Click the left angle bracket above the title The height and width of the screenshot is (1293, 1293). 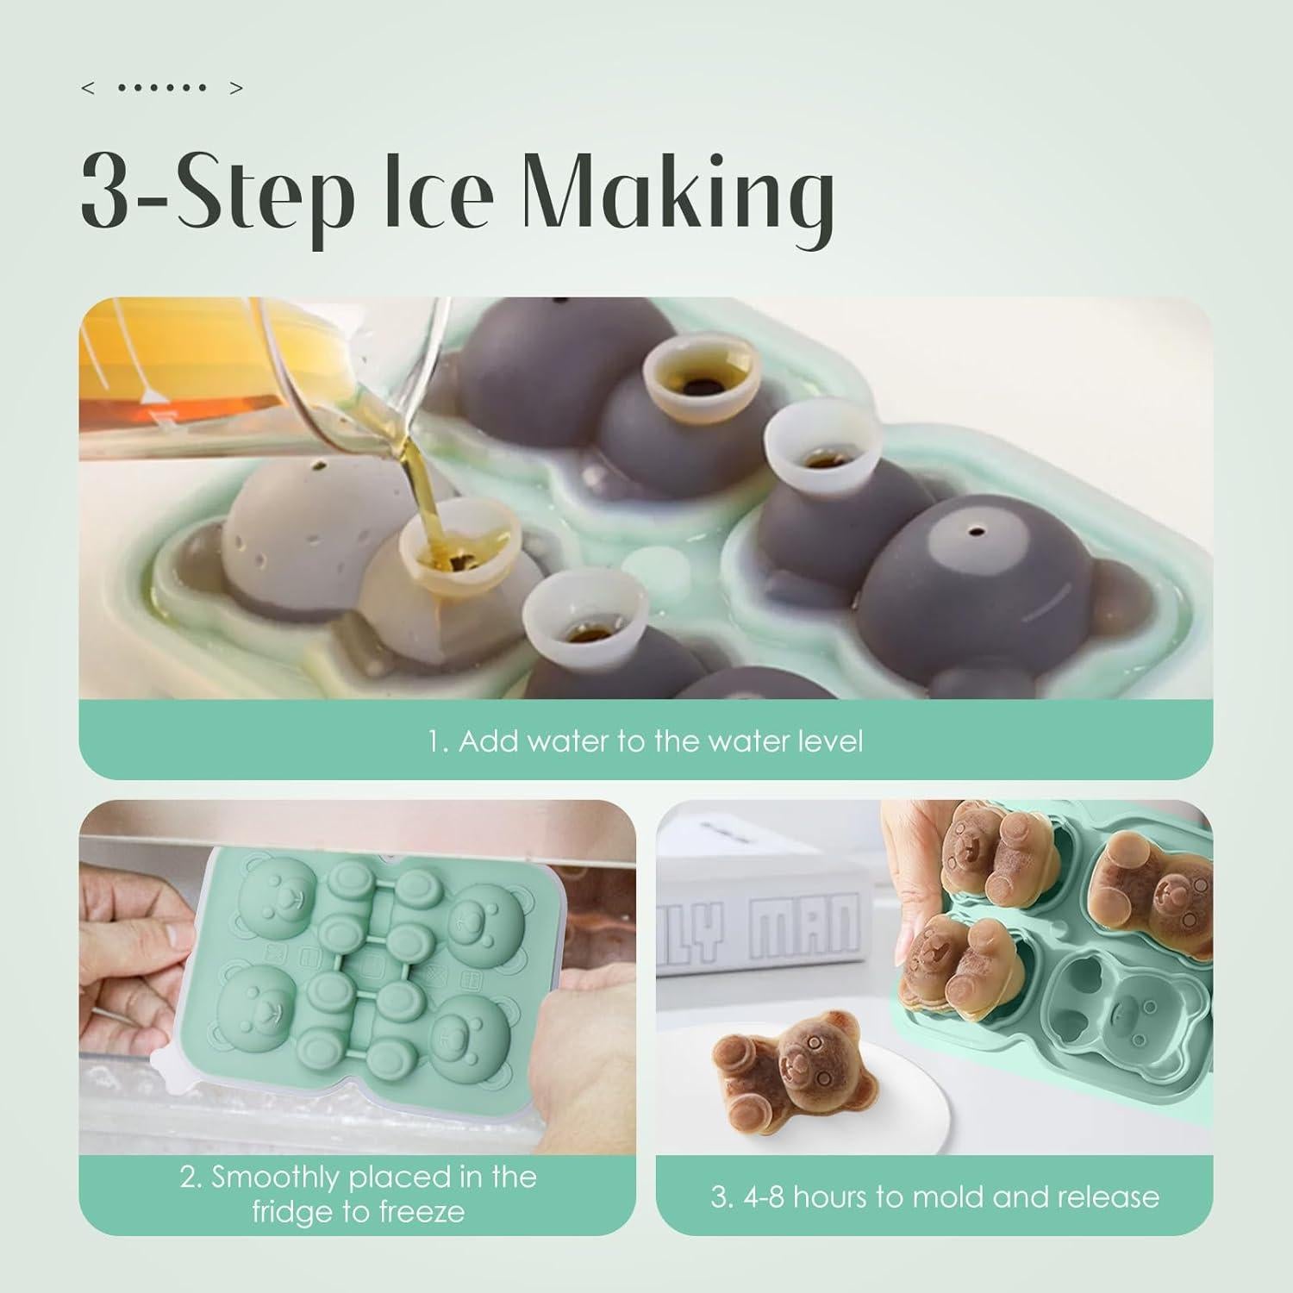(87, 88)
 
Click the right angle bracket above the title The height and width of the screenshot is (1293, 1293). (237, 88)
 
